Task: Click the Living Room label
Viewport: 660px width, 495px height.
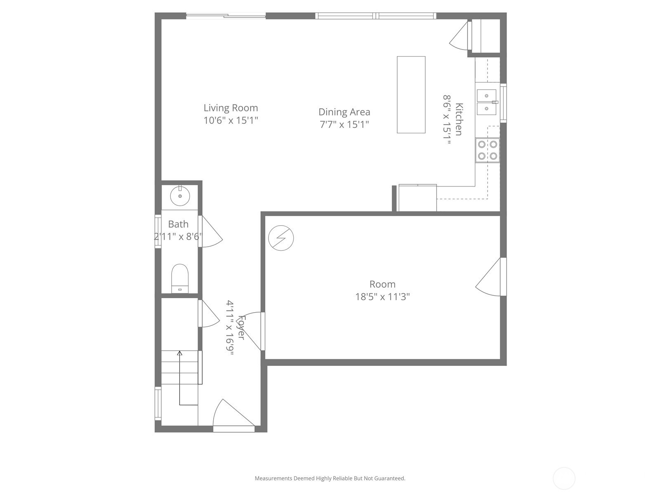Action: [231, 108]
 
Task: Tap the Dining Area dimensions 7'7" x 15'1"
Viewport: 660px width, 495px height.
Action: [344, 124]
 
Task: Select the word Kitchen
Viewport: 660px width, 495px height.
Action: [459, 119]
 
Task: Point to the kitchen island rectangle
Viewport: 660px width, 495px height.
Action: [411, 95]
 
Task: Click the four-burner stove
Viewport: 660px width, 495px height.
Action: [488, 150]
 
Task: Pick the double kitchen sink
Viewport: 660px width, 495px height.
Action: [486, 102]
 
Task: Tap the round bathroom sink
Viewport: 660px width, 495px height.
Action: [180, 196]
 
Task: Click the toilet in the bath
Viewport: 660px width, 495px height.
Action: [180, 278]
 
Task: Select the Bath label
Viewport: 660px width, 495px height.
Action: [178, 224]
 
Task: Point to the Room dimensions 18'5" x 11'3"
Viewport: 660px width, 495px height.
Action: [382, 297]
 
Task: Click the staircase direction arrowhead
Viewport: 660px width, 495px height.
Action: [180, 353]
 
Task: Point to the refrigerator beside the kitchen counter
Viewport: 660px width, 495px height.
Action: [417, 198]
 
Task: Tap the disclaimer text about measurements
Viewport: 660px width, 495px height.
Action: [330, 478]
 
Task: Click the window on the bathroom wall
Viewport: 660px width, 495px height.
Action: [158, 231]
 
